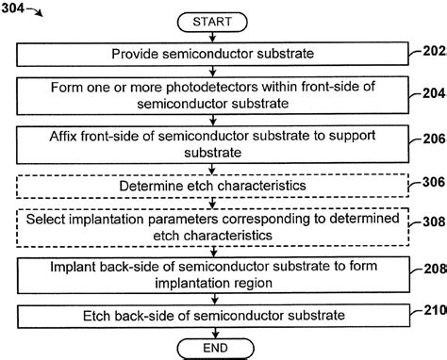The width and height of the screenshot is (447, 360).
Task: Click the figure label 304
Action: coord(16,8)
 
